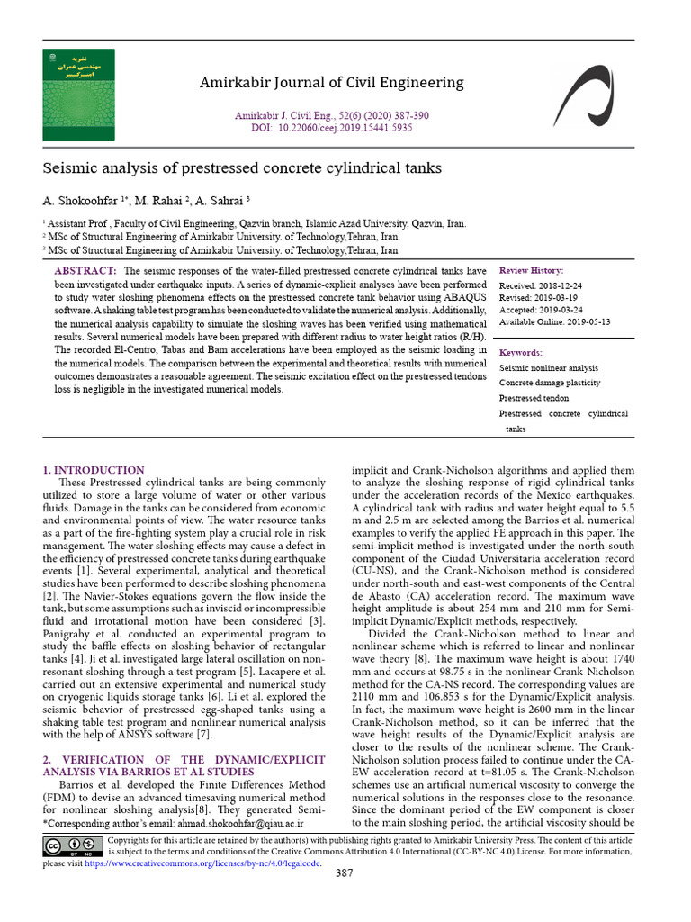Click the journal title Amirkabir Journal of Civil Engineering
point(331,83)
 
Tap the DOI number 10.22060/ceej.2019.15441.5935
point(345,128)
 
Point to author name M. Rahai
point(157,201)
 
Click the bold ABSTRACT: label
point(85,271)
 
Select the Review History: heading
point(532,270)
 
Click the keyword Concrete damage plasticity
point(550,383)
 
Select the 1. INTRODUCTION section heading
point(94,470)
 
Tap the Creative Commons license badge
point(73,845)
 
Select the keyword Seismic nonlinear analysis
point(548,367)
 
